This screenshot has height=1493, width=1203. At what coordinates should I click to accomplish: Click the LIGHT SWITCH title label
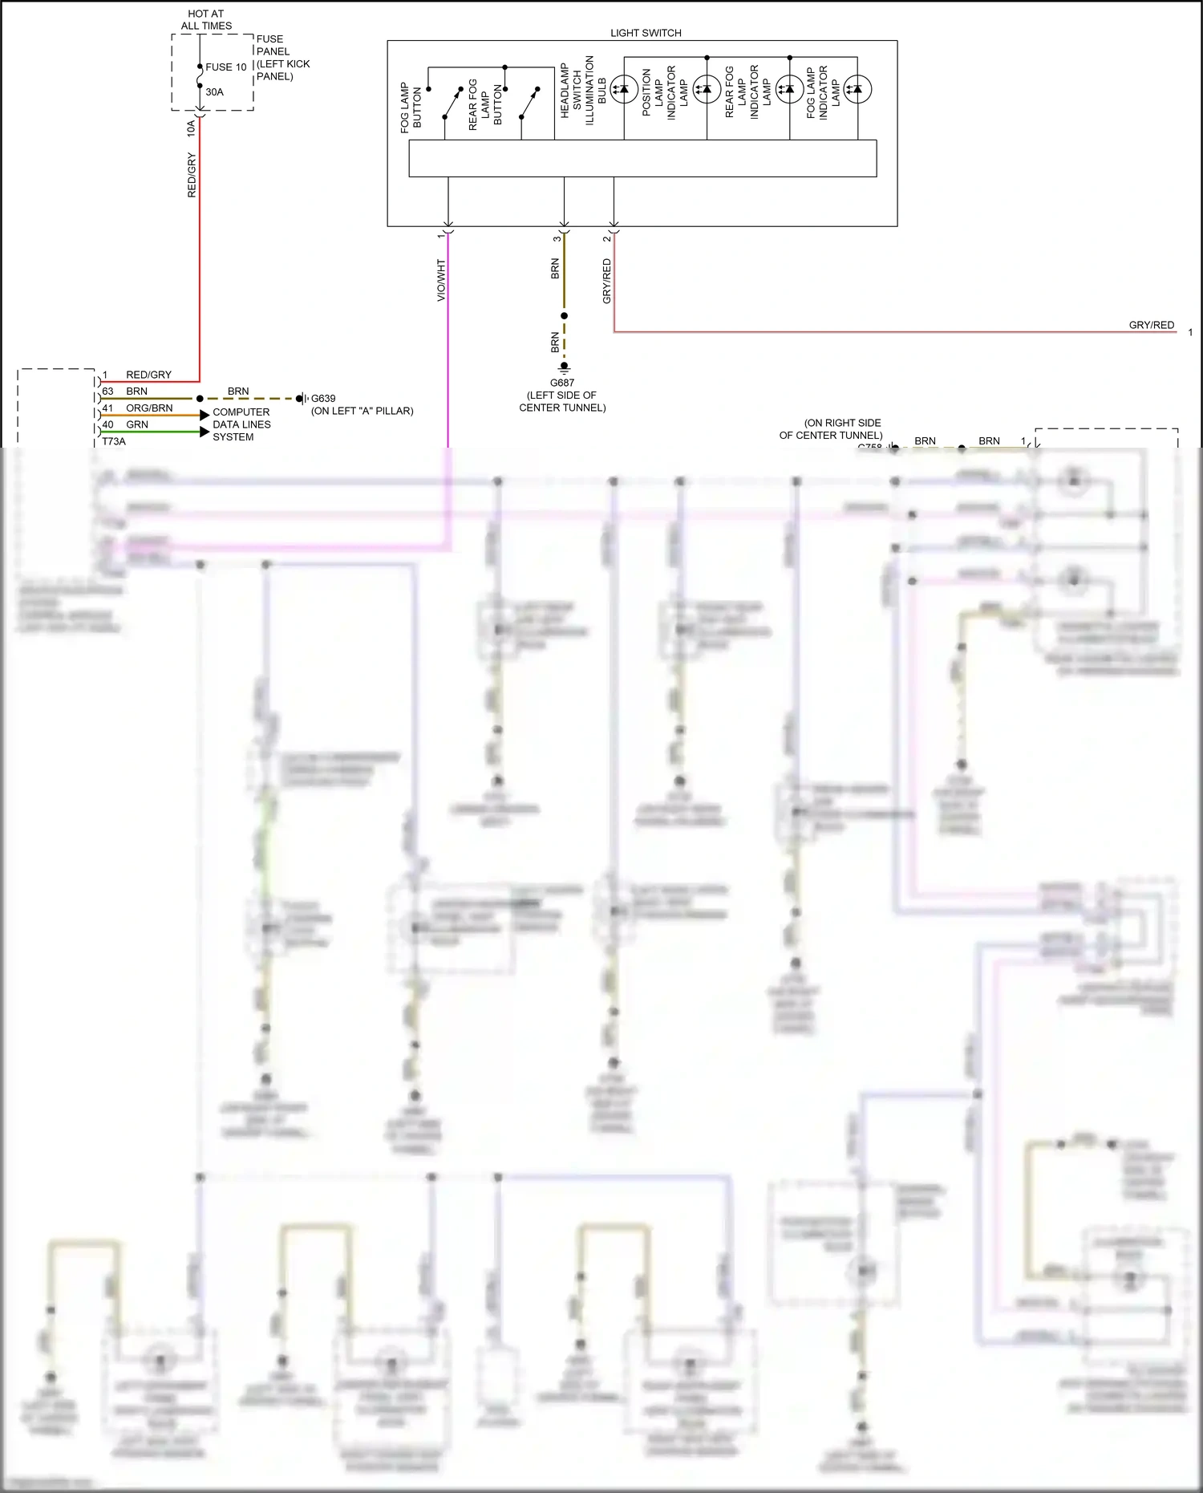[646, 33]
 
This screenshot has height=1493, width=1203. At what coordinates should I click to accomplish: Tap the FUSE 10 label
[225, 67]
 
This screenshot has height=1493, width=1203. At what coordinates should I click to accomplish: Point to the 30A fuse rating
[214, 92]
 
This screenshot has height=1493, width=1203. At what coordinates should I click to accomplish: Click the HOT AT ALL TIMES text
[206, 20]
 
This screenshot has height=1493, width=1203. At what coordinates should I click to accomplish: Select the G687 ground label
[562, 383]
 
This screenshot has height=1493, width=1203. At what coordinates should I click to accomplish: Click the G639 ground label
[323, 398]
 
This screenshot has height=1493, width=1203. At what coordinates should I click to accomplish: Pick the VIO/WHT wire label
[441, 280]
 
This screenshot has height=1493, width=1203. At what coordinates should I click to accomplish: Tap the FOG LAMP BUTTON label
[411, 108]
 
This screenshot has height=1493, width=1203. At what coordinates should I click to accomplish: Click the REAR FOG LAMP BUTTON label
[484, 104]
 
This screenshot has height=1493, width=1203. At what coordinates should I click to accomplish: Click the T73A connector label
[114, 441]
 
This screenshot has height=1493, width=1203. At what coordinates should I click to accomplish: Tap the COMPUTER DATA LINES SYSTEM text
[241, 424]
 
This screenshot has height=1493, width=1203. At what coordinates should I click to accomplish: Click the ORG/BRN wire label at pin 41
[149, 408]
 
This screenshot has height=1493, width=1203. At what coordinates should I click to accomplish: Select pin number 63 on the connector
[108, 392]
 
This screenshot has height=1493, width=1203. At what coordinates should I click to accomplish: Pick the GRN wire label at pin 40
[137, 424]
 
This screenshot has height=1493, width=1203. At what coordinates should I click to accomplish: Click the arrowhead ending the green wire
[205, 432]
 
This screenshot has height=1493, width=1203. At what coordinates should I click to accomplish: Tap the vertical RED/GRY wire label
[192, 176]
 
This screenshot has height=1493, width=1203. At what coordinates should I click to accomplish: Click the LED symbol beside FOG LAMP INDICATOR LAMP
[857, 89]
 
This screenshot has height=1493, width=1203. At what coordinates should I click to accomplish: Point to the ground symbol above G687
[565, 367]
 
